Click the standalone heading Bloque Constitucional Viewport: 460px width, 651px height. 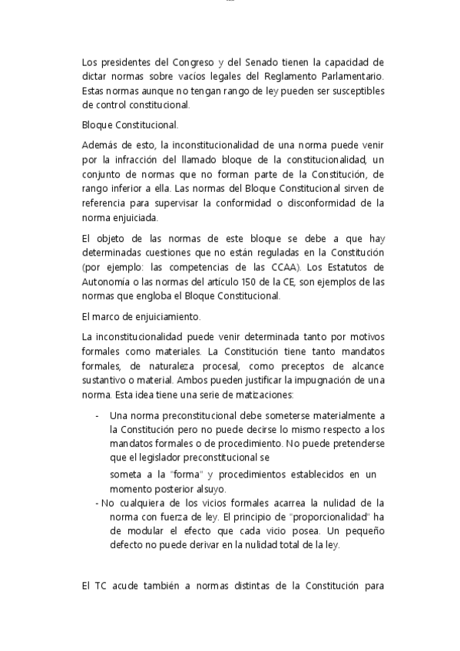[x=130, y=124]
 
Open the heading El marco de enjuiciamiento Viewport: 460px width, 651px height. [x=136, y=316]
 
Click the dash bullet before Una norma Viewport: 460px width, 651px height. [x=97, y=416]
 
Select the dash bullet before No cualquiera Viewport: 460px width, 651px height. [x=97, y=503]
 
